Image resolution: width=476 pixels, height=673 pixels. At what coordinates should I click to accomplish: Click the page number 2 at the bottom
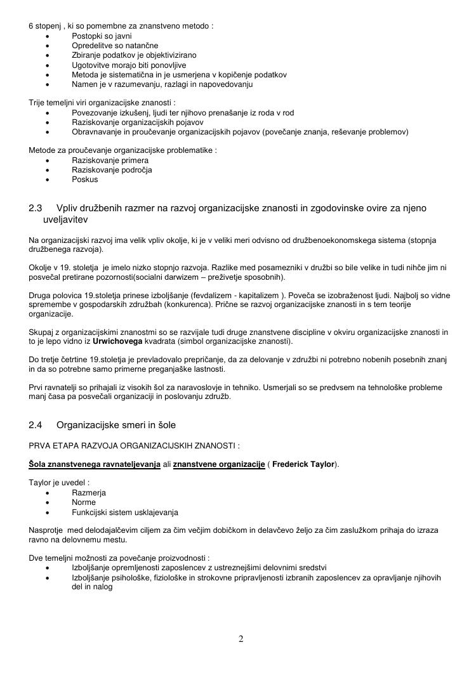[241, 639]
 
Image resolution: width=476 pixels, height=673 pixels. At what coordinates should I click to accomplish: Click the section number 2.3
[36, 208]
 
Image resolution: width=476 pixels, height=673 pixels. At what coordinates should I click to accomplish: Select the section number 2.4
[36, 424]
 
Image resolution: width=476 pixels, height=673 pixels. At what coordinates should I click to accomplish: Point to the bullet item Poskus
[85, 180]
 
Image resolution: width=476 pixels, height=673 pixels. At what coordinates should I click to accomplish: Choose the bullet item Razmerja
[89, 493]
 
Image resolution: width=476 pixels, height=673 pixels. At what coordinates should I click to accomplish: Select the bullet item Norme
[84, 502]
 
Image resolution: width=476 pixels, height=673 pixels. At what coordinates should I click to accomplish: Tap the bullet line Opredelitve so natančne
[115, 46]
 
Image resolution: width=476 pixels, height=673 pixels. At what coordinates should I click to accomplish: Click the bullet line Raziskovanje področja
[112, 170]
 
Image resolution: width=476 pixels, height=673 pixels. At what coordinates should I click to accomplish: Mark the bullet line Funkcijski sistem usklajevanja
[125, 512]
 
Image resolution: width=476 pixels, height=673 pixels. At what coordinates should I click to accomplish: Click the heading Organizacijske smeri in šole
[116, 424]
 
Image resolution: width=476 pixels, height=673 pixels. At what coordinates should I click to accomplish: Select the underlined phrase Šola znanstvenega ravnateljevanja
[95, 464]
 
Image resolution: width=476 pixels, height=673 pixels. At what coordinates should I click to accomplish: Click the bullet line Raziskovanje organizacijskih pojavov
[138, 122]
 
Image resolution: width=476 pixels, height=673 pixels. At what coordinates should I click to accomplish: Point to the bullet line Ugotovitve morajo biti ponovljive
[129, 65]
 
